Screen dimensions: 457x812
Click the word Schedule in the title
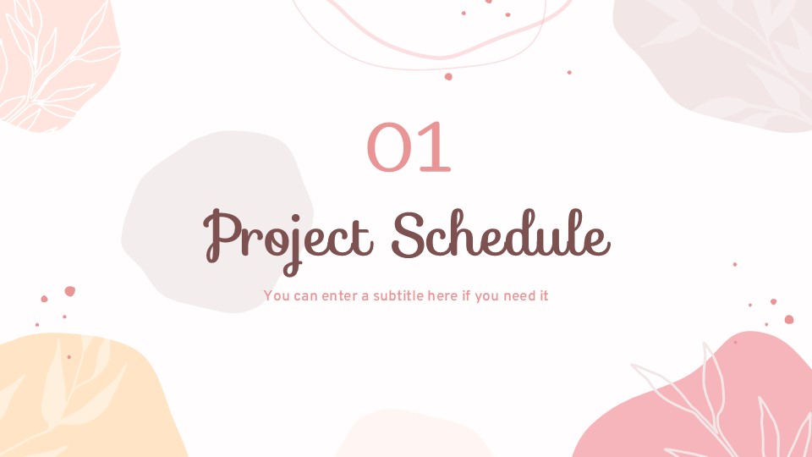click(x=501, y=234)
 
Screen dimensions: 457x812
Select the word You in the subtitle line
click(x=276, y=296)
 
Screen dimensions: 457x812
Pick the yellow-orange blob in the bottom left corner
click(x=76, y=398)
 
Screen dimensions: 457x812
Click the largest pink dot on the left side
click(x=69, y=291)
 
